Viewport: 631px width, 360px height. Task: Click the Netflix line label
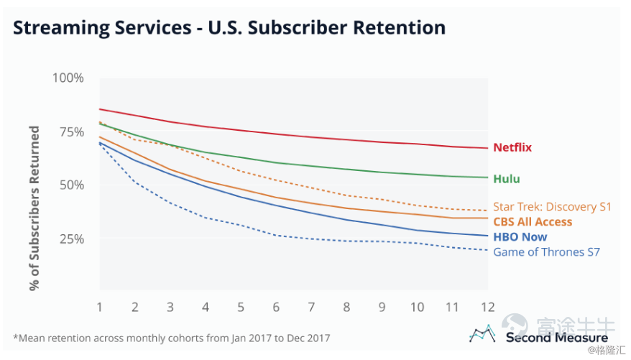pyautogui.click(x=512, y=147)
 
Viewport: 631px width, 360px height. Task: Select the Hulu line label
pyautogui.click(x=507, y=178)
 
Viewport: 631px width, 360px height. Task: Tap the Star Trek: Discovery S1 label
pyautogui.click(x=551, y=207)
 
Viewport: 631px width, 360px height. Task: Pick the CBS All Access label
pyautogui.click(x=533, y=222)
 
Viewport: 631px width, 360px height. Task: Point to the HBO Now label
pyautogui.click(x=520, y=236)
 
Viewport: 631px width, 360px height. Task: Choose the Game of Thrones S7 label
pyautogui.click(x=546, y=251)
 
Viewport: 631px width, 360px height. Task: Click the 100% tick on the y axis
pyautogui.click(x=69, y=78)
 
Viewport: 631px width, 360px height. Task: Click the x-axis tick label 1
pyautogui.click(x=99, y=307)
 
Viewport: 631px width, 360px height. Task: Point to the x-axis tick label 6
pyautogui.click(x=277, y=307)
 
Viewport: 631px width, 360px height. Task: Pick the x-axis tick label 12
pyautogui.click(x=489, y=307)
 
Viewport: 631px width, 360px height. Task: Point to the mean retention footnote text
pyautogui.click(x=172, y=337)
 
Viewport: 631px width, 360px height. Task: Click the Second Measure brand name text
pyautogui.click(x=556, y=337)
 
